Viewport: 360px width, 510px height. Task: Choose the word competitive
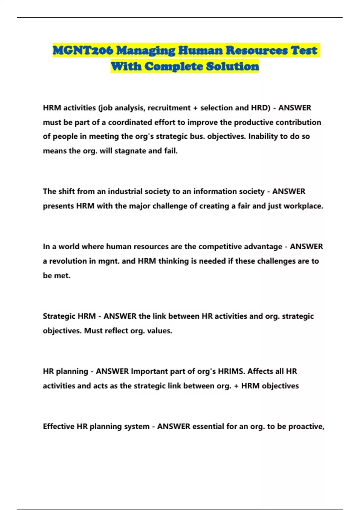click(220, 247)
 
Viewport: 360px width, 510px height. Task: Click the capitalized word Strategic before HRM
click(59, 316)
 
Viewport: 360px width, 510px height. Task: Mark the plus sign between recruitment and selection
click(195, 108)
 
